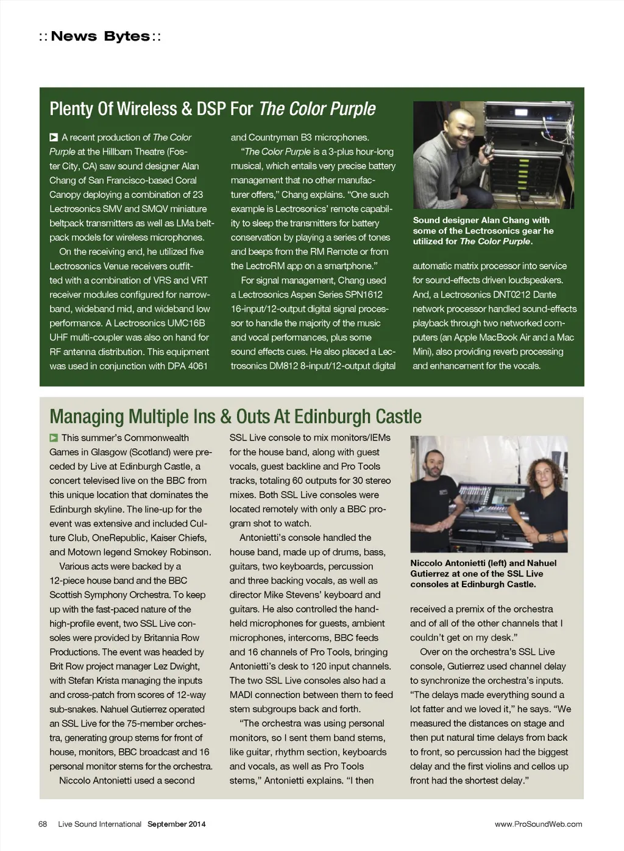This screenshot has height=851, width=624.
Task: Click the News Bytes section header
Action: [100, 37]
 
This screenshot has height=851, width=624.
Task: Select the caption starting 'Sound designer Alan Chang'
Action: [483, 231]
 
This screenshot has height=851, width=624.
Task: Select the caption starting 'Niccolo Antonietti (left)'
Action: [483, 574]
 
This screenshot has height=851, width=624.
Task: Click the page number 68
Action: [43, 824]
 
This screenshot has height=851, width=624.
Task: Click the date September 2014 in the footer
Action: [176, 824]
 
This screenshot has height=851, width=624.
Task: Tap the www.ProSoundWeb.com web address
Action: [538, 824]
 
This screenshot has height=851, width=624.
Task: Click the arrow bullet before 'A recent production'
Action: [54, 138]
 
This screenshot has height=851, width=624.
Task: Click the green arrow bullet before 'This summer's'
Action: [54, 438]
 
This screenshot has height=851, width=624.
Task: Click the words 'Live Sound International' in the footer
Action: [99, 824]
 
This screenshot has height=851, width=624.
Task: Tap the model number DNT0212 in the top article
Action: [513, 295]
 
